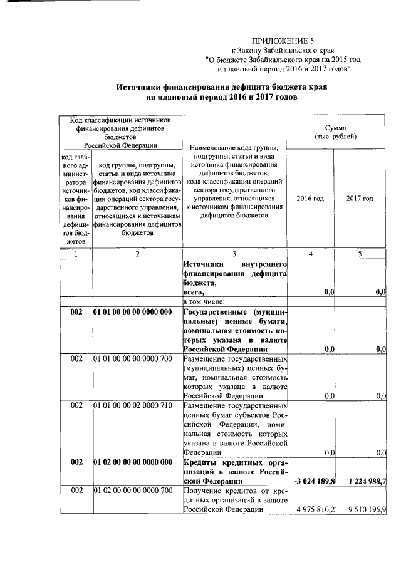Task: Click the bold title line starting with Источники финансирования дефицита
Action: pos(221,88)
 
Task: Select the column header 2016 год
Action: pos(310,199)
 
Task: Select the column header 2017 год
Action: pos(360,199)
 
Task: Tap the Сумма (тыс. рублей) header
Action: pos(335,132)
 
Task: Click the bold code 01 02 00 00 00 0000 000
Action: pos(132,462)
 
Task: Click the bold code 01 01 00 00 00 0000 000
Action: pos(132,312)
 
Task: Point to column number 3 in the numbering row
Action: pos(234,254)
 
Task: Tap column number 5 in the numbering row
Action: pos(360,254)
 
